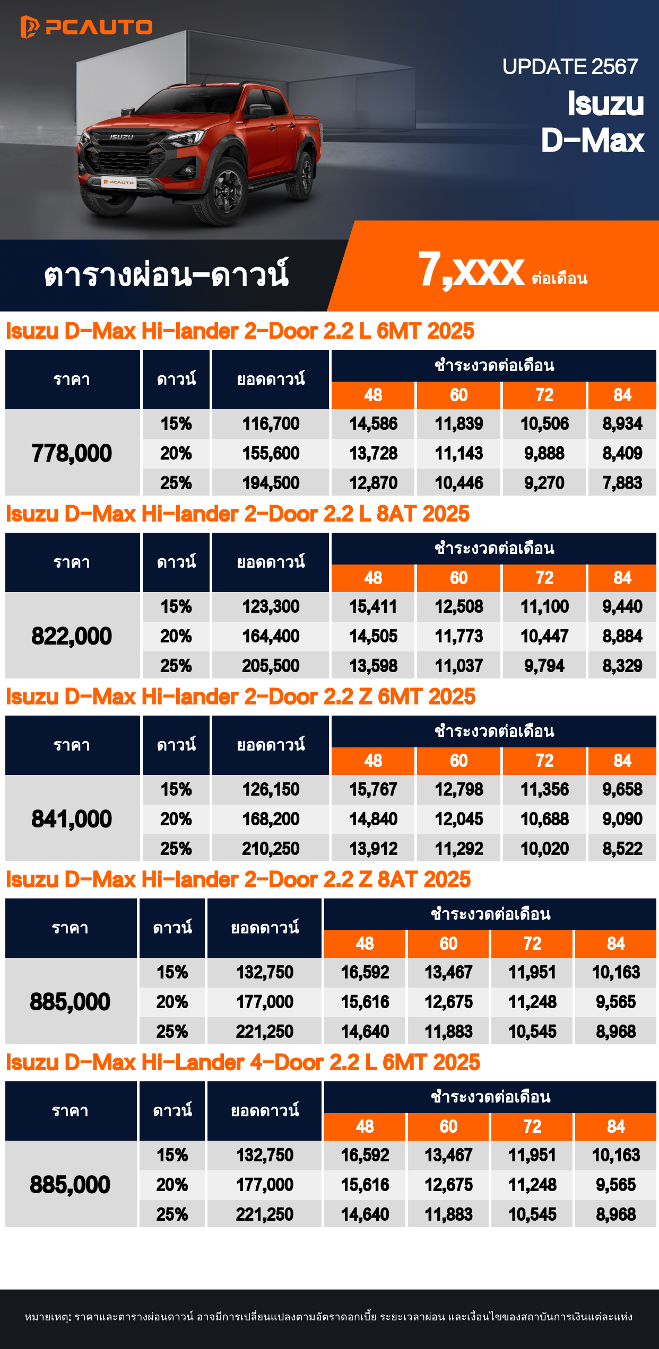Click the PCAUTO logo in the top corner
pyautogui.click(x=86, y=27)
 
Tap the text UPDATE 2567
pyautogui.click(x=570, y=67)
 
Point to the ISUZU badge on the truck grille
pyautogui.click(x=122, y=137)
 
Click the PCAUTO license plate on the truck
pyautogui.click(x=119, y=182)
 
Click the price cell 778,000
pyautogui.click(x=72, y=453)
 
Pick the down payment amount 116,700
pyautogui.click(x=271, y=424)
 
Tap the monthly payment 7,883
pyautogui.click(x=622, y=483)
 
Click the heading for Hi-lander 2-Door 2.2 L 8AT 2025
pyautogui.click(x=238, y=514)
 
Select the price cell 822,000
pyautogui.click(x=72, y=636)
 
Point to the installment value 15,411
pyautogui.click(x=373, y=606)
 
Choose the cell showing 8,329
pyautogui.click(x=622, y=666)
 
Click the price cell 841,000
pyautogui.click(x=72, y=819)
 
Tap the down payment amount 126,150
pyautogui.click(x=271, y=789)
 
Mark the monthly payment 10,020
pyautogui.click(x=544, y=849)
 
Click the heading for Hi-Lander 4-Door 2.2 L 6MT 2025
pyautogui.click(x=243, y=1062)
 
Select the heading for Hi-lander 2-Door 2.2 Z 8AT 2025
pyautogui.click(x=238, y=879)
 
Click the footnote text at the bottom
pyautogui.click(x=329, y=1317)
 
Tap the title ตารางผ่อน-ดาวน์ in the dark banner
pyautogui.click(x=166, y=275)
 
